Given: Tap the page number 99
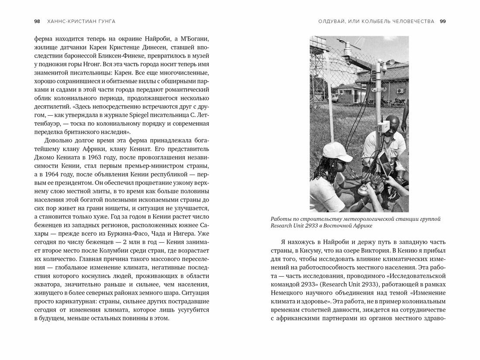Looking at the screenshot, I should point(442,21).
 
